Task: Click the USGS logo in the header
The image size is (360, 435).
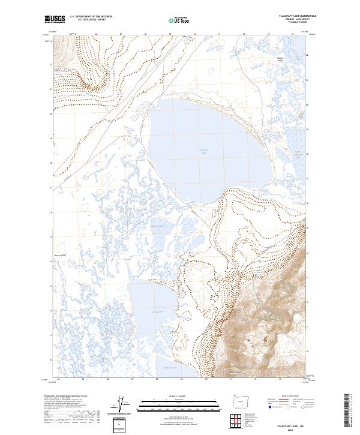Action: click(55, 19)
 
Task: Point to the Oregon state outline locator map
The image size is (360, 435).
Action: click(238, 400)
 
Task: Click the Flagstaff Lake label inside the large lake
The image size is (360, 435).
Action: click(205, 151)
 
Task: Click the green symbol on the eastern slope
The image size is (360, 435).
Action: click(258, 262)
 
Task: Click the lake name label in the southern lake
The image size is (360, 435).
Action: click(157, 313)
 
